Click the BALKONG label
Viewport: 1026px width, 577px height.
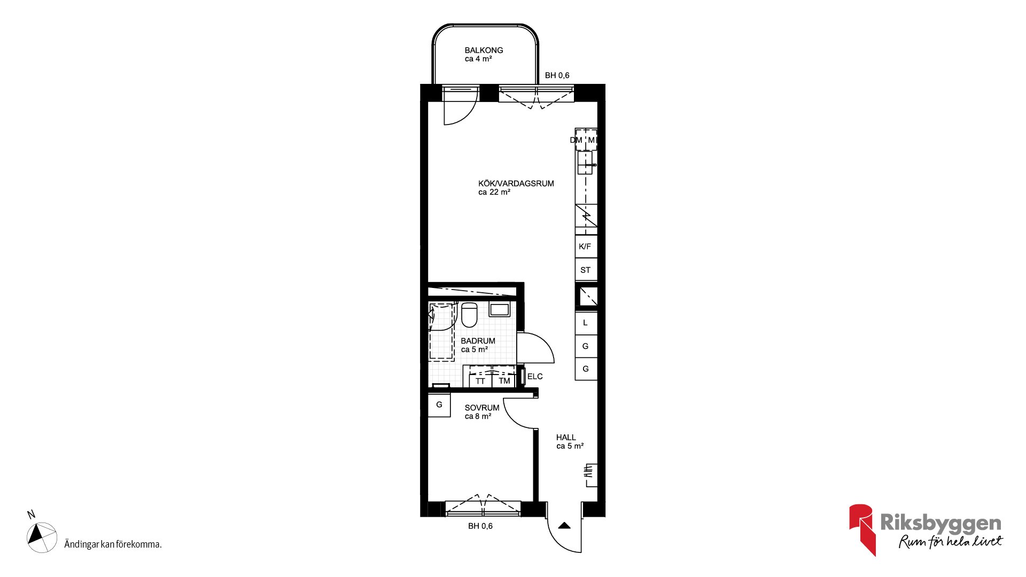484,50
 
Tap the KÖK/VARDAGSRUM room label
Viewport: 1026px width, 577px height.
516,183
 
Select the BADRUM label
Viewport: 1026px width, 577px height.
478,341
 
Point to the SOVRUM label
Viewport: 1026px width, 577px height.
482,408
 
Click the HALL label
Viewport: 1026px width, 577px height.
566,438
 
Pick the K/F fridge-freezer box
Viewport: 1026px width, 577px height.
586,246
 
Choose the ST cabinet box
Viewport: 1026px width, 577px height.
586,270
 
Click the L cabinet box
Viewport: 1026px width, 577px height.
586,323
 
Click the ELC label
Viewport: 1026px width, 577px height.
535,377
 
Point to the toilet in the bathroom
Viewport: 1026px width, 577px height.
469,315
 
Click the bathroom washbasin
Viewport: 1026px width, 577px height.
500,309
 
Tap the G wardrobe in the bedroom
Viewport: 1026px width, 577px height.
439,405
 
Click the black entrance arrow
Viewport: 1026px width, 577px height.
564,526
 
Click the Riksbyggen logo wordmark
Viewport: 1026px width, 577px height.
941,523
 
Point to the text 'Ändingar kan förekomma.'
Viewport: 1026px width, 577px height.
113,544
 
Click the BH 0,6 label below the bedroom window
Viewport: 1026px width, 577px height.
480,526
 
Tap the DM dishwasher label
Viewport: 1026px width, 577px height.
576,141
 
